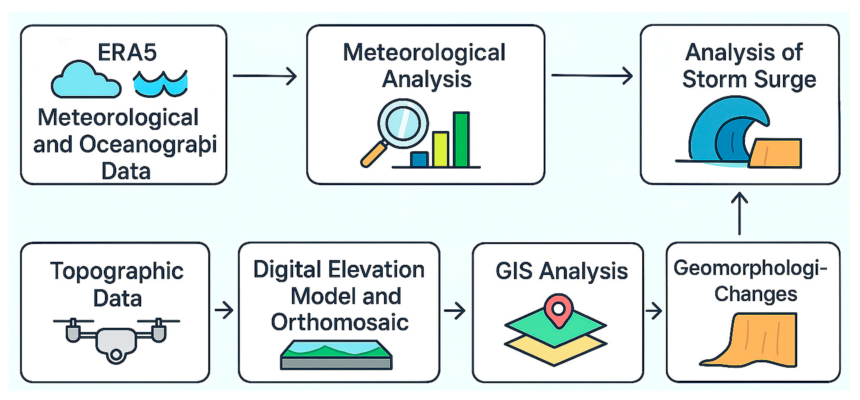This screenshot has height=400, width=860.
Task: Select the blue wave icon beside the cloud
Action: click(x=161, y=83)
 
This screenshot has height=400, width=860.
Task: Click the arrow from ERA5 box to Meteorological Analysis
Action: click(x=264, y=76)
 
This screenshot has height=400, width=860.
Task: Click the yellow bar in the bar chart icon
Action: click(x=440, y=149)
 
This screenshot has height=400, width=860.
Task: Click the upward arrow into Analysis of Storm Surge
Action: click(x=739, y=214)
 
